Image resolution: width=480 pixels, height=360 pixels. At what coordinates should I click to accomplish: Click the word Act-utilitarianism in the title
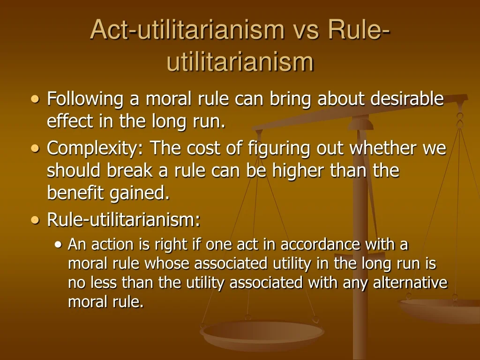click(187, 30)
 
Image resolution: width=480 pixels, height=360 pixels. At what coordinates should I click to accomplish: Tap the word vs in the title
click(305, 30)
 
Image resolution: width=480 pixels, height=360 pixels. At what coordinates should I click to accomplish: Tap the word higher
click(308, 171)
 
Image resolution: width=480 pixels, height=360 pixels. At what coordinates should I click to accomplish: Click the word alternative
click(410, 283)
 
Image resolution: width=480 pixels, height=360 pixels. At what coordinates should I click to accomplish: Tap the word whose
click(167, 264)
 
